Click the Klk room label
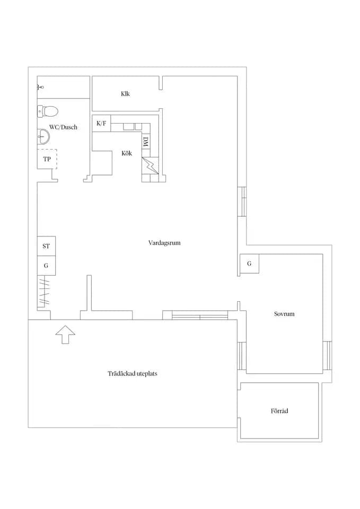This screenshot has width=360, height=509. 125,94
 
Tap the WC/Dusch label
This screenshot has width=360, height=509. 63,127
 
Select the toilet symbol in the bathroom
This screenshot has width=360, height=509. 47,111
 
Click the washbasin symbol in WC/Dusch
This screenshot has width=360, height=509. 43,136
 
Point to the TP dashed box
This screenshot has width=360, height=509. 47,159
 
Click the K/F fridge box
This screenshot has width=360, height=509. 101,124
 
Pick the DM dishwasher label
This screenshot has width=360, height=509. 146,142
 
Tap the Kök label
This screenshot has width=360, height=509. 127,153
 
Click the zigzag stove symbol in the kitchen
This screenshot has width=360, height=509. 150,165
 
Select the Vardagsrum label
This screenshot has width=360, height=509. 164,243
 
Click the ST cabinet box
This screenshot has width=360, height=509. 46,246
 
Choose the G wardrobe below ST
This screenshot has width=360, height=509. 46,266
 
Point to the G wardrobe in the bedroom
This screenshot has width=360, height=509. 249,264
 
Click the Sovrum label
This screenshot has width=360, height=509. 284,314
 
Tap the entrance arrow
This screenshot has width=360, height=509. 65,334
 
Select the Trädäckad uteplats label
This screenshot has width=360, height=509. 133,374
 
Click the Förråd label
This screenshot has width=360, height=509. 279,411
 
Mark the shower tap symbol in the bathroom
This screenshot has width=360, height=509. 40,86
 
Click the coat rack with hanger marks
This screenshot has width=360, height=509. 44,292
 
